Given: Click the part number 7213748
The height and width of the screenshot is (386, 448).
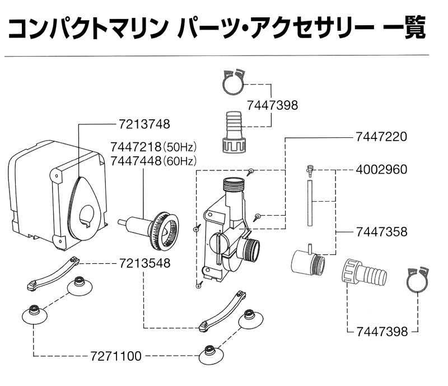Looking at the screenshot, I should click(x=144, y=123).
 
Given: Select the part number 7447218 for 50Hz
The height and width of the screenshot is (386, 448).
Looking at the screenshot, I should click(x=136, y=148).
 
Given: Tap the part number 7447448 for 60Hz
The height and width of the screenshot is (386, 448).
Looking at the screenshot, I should click(x=136, y=161).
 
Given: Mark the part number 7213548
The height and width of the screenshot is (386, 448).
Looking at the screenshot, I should click(x=144, y=262).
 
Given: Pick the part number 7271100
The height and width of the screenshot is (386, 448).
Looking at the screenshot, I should click(x=116, y=356).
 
